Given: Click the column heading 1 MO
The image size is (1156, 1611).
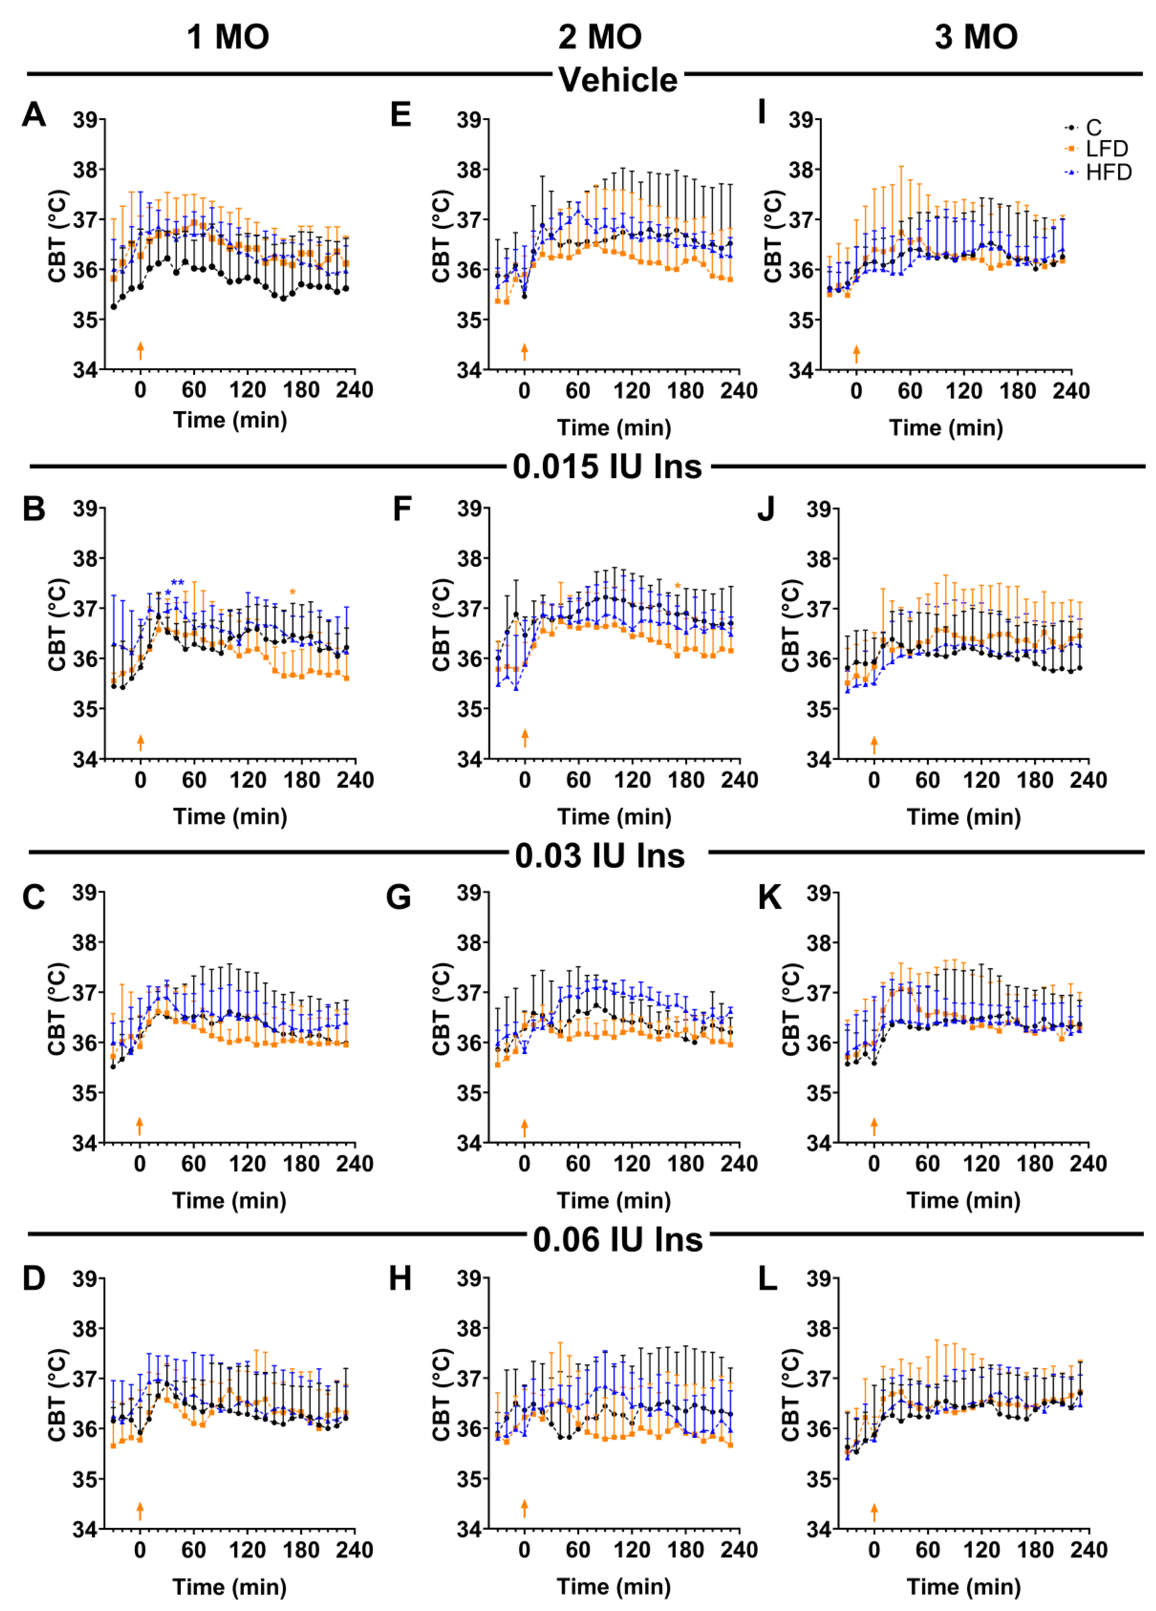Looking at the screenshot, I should tap(228, 37).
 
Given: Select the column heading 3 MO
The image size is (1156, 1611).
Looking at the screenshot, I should tap(976, 37).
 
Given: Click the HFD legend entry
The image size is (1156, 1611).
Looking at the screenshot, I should tap(1107, 173).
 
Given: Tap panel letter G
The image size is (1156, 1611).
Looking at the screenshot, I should tap(399, 897).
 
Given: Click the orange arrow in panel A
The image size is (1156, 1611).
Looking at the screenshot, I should tap(141, 350).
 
